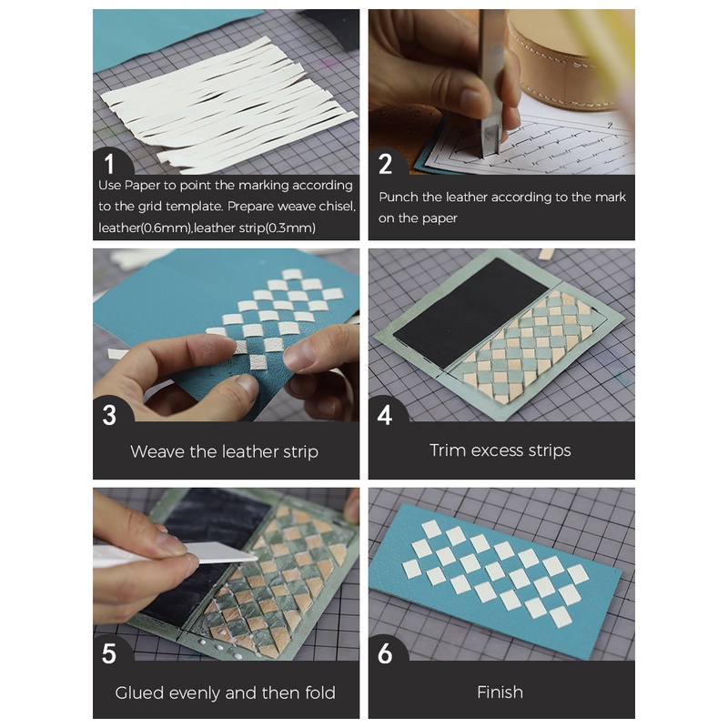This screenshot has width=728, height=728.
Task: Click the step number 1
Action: [x=109, y=164]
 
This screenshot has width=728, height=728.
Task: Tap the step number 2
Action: [x=385, y=164]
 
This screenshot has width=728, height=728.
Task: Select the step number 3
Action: [x=109, y=415]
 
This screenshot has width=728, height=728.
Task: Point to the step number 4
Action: [x=385, y=415]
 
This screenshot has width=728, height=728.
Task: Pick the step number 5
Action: [x=109, y=653]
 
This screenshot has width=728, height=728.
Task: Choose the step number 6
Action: [x=385, y=653]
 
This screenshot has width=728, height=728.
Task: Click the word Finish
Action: [x=500, y=693]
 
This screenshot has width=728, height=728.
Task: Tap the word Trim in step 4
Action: [x=447, y=450]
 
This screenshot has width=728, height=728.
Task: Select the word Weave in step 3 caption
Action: [x=157, y=451]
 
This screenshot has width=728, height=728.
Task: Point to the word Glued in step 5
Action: [x=139, y=693]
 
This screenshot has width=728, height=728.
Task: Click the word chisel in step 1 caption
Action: [x=338, y=207]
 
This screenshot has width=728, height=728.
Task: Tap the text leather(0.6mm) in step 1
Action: [x=145, y=228]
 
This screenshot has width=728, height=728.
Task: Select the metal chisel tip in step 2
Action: [x=490, y=139]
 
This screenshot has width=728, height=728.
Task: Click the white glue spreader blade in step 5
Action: [x=222, y=552]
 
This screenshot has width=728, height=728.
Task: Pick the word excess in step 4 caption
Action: [x=500, y=450]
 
